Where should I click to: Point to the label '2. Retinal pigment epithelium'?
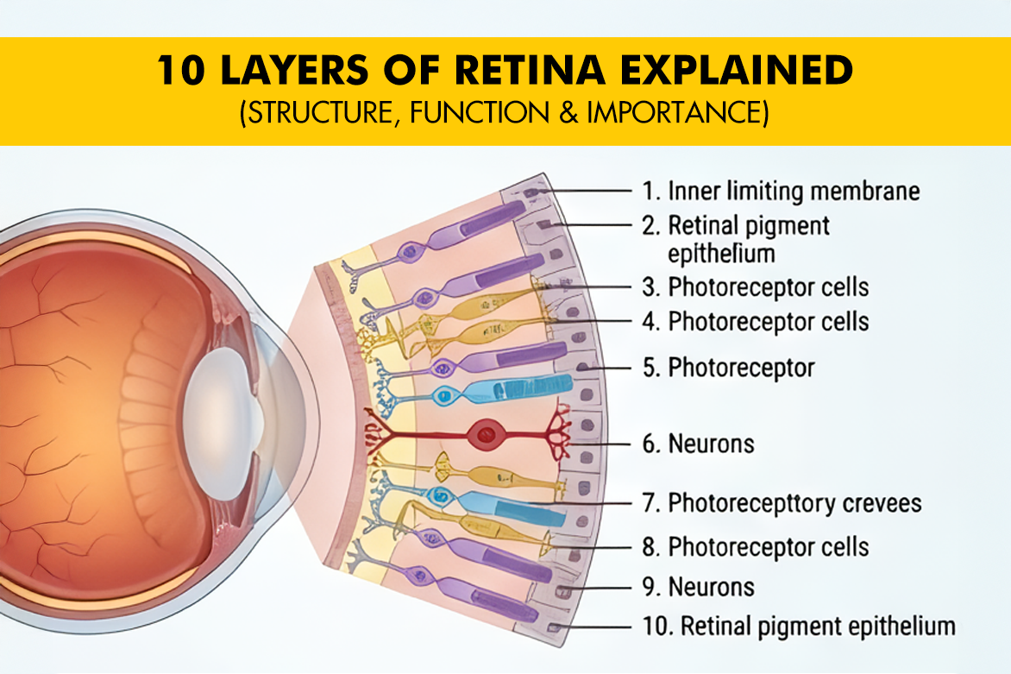click(x=749, y=239)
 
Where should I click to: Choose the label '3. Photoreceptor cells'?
click(x=768, y=287)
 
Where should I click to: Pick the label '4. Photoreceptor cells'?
click(x=768, y=322)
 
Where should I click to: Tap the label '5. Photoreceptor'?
click(x=741, y=368)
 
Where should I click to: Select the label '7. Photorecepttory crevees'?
click(x=794, y=502)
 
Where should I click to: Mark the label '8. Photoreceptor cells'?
click(x=768, y=547)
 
